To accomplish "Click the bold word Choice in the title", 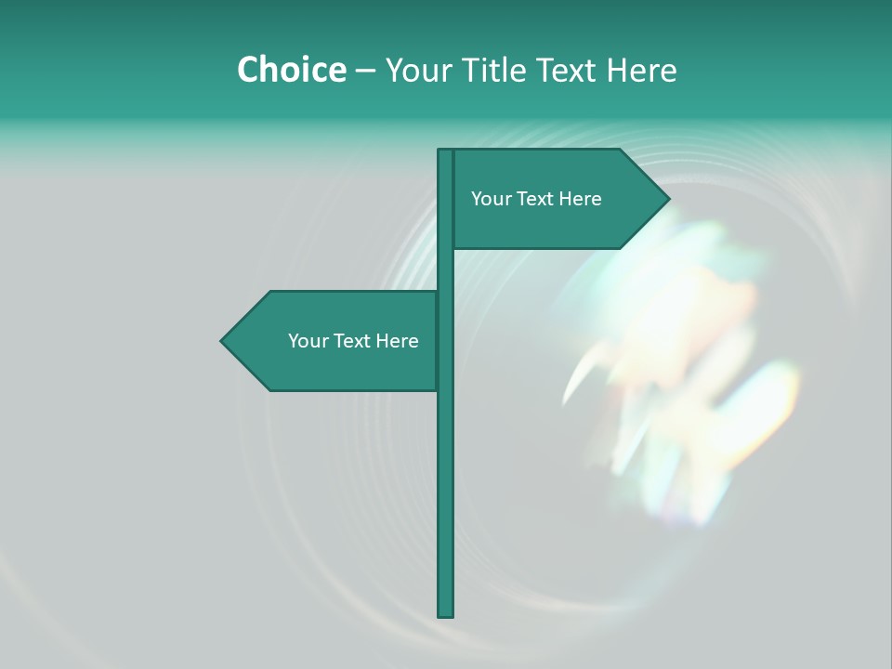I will point(291,70).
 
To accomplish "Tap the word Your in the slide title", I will point(415,71).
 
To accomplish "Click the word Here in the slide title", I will point(642,71).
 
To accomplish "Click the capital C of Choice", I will point(248,70).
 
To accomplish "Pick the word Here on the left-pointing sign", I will point(397,341).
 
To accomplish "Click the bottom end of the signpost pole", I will point(446,613).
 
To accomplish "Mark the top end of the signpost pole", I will point(446,152).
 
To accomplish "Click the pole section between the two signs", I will point(446,269).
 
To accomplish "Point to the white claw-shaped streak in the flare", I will point(578,376).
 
